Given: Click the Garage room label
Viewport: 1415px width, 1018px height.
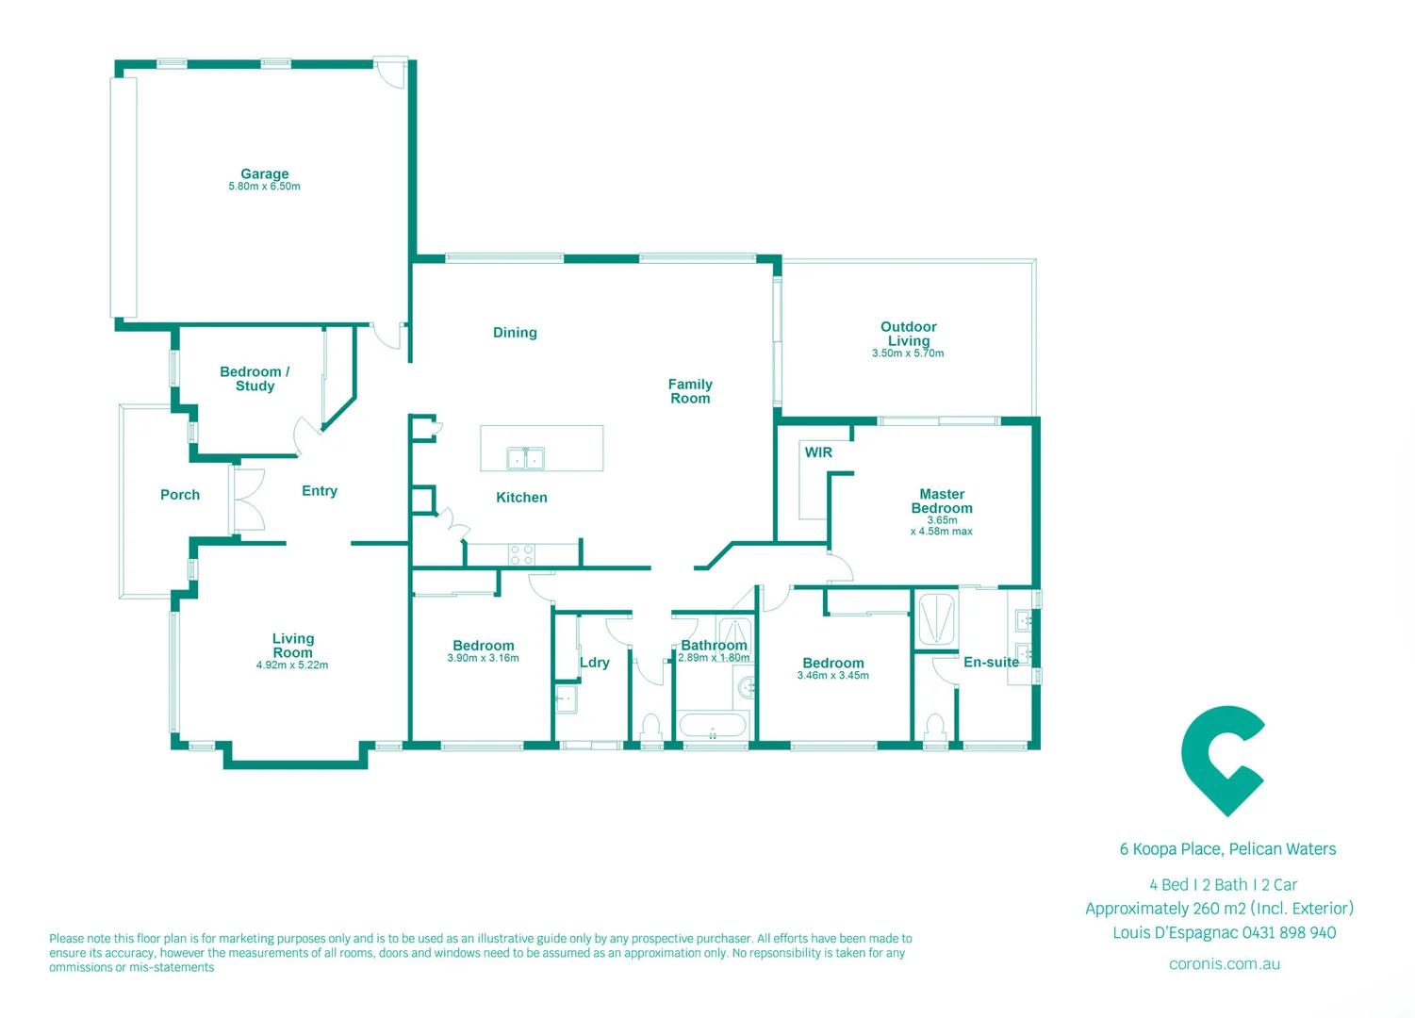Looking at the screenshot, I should click(264, 173).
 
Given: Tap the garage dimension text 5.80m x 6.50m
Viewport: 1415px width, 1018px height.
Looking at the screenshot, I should click(264, 187).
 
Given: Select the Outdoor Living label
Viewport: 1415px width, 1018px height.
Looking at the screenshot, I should click(908, 334).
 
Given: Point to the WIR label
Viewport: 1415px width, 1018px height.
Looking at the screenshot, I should click(818, 452).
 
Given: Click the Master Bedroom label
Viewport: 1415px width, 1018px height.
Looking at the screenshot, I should click(942, 501).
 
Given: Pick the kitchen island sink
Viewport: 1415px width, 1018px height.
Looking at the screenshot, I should click(525, 459).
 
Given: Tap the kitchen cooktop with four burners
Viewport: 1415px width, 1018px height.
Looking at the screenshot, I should click(521, 554).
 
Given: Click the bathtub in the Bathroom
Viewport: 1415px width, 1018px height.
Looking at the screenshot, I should click(713, 727).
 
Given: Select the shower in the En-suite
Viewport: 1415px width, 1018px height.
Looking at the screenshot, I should click(936, 619).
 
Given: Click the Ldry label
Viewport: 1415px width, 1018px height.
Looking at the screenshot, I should click(595, 663).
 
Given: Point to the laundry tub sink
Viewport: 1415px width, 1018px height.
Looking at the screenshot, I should click(566, 699).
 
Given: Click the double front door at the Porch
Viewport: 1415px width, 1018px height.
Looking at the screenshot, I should click(249, 500).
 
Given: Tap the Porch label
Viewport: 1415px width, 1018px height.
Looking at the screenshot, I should click(180, 495).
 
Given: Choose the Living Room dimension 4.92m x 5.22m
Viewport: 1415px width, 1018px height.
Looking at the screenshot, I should click(292, 665).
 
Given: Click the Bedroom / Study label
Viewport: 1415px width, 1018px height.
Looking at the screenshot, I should click(255, 379).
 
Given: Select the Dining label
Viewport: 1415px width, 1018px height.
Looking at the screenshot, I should click(515, 333).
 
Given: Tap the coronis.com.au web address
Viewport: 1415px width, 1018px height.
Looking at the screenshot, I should click(1224, 964).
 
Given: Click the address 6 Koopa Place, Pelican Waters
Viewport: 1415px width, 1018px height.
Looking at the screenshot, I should click(1227, 849).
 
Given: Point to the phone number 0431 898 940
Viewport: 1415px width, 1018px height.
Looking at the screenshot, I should click(1289, 933).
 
